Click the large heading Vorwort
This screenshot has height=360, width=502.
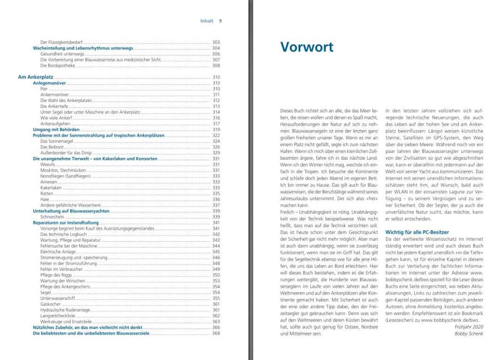[x=306, y=47]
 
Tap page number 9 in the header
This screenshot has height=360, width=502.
[x=220, y=21]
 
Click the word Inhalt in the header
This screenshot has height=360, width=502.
[x=207, y=21]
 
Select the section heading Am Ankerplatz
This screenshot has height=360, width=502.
[x=36, y=77]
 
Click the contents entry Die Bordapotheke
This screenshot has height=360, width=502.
[x=58, y=65]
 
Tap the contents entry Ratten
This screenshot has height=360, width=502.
[x=47, y=193]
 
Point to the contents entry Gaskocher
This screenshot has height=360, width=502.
[x=50, y=304]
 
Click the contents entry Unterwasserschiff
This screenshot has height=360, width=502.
[x=58, y=298]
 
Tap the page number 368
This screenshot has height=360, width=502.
[x=216, y=333]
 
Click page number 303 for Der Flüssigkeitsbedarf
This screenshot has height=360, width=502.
[x=216, y=42]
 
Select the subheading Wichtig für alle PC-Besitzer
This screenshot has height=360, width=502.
[x=417, y=232]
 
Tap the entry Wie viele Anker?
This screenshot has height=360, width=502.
[x=55, y=117]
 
